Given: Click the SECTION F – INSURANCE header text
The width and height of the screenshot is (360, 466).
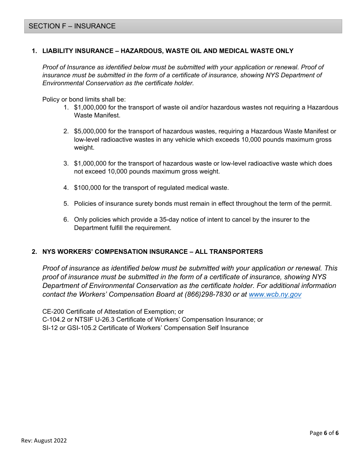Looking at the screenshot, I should pyautogui.click(x=72, y=26).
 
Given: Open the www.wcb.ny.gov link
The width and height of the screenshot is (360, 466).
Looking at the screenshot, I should pyautogui.click(x=275, y=294).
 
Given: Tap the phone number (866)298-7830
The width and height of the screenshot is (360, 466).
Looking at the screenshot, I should pyautogui.click(x=208, y=294).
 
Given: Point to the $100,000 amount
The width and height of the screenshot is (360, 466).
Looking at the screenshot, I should pyautogui.click(x=87, y=188).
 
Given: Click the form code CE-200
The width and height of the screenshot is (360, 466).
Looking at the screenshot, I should pyautogui.click(x=53, y=311).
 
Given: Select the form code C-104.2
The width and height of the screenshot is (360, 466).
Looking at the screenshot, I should pyautogui.click(x=54, y=319).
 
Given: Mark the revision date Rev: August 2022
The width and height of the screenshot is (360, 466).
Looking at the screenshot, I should pyautogui.click(x=44, y=440).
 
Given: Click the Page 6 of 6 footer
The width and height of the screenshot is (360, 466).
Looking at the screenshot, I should pyautogui.click(x=324, y=433).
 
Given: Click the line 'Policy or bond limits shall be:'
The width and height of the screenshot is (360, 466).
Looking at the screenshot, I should pyautogui.click(x=84, y=99).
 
